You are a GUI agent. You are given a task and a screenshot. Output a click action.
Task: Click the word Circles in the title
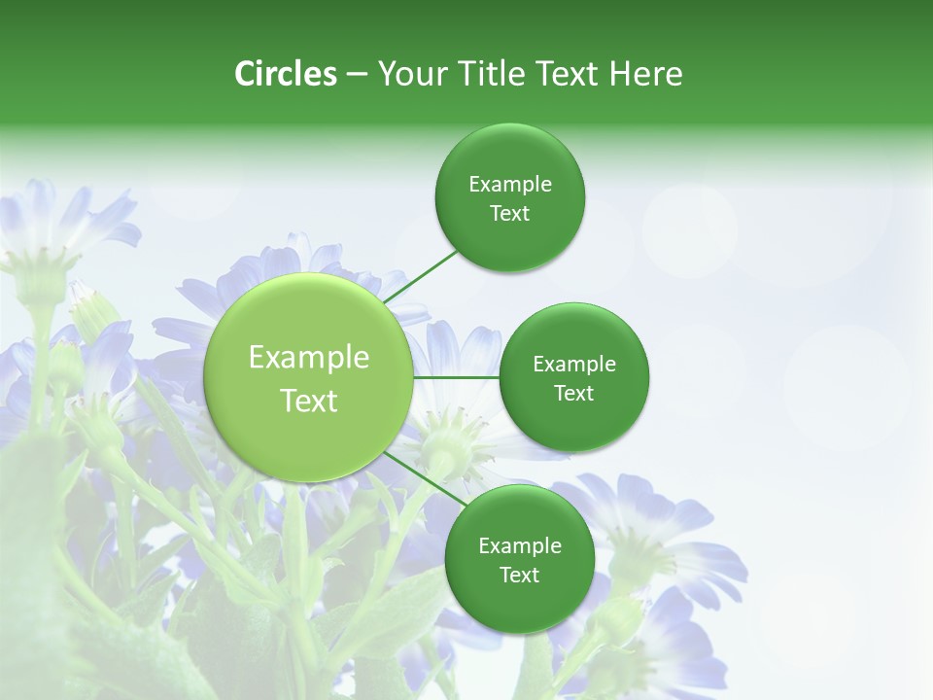point(285,74)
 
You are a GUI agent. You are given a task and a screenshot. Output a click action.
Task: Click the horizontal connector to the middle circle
point(456,377)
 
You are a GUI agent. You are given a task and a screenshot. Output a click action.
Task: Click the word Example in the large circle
point(309,358)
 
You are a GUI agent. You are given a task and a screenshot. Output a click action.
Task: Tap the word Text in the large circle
point(309,401)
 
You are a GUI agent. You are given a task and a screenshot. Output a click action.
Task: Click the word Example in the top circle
point(510,185)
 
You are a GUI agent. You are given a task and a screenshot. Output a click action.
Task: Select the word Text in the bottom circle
point(519,575)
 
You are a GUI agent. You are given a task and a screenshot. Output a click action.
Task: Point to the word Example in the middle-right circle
point(574,365)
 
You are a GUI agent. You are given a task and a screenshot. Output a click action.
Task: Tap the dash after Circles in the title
point(357,74)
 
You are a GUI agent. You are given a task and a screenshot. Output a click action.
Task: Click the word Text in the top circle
point(510,214)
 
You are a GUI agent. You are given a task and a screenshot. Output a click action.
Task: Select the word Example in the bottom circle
point(519,545)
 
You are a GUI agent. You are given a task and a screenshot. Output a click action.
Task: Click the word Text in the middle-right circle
point(574,394)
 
